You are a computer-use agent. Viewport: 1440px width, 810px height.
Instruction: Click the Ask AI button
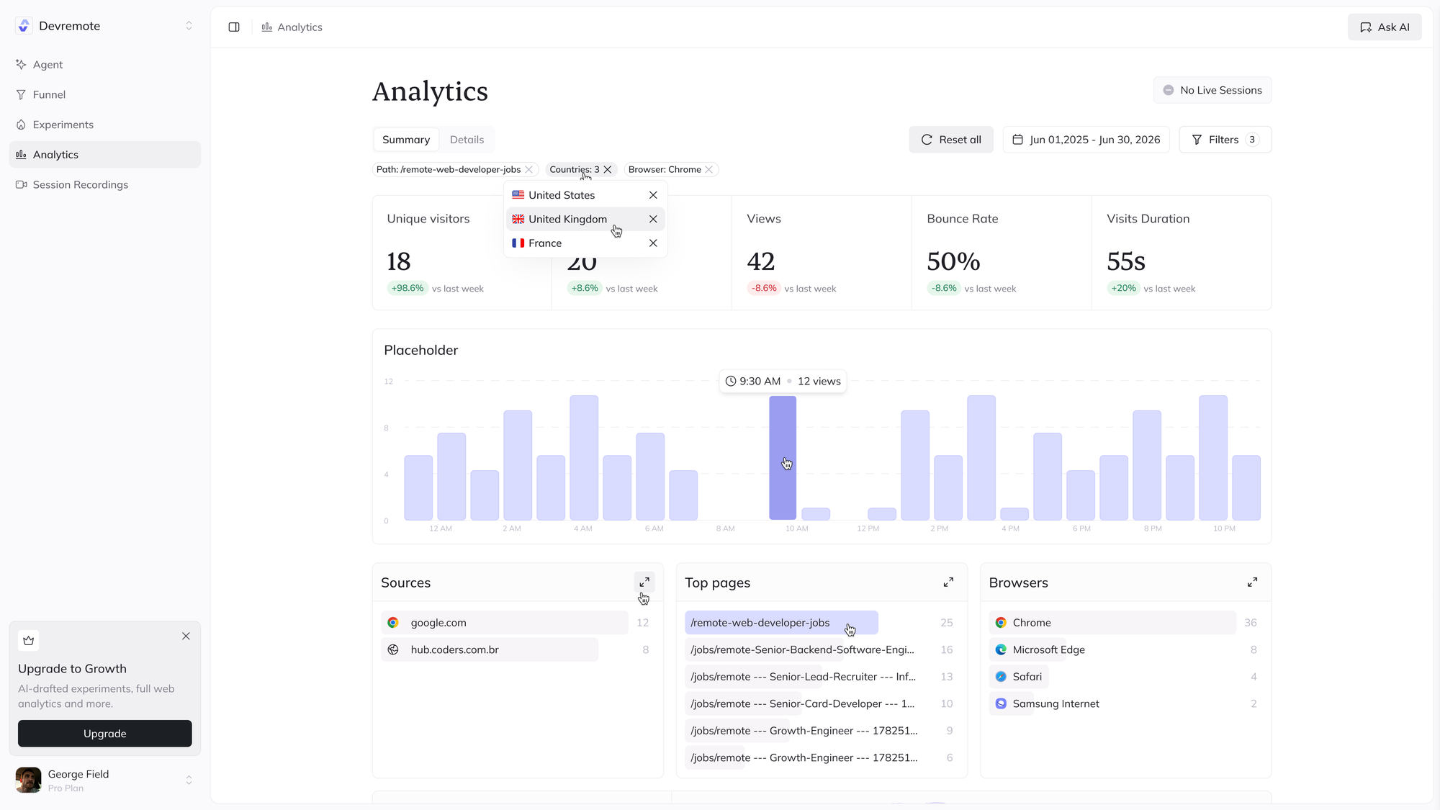pyautogui.click(x=1384, y=27)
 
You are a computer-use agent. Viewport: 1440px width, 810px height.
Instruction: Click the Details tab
pyautogui.click(x=467, y=140)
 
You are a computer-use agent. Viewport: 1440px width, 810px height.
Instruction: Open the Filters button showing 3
pyautogui.click(x=1225, y=140)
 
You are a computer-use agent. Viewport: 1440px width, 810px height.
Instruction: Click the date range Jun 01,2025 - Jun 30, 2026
pyautogui.click(x=1086, y=140)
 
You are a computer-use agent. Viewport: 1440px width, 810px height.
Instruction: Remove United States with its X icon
pyautogui.click(x=653, y=195)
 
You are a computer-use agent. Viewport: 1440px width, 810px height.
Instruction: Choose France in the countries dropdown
pyautogui.click(x=545, y=243)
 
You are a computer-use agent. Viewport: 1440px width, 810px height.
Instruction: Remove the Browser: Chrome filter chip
pyautogui.click(x=709, y=170)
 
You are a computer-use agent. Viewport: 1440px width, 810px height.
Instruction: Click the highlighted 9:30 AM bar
pyautogui.click(x=783, y=458)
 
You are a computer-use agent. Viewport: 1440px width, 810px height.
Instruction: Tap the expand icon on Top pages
pyautogui.click(x=948, y=582)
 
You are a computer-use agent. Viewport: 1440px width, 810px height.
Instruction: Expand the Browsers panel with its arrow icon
pyautogui.click(x=1252, y=582)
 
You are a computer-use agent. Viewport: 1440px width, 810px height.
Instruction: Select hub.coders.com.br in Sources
pyautogui.click(x=454, y=649)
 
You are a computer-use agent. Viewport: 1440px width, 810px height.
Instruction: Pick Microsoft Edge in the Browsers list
pyautogui.click(x=1048, y=649)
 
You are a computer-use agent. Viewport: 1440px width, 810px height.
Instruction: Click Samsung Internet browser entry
pyautogui.click(x=1056, y=703)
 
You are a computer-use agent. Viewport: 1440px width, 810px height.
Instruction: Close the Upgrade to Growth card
pyautogui.click(x=186, y=636)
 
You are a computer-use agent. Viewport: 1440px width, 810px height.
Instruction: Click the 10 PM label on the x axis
pyautogui.click(x=1224, y=528)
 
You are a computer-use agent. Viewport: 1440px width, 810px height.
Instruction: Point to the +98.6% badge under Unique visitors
pyautogui.click(x=408, y=288)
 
